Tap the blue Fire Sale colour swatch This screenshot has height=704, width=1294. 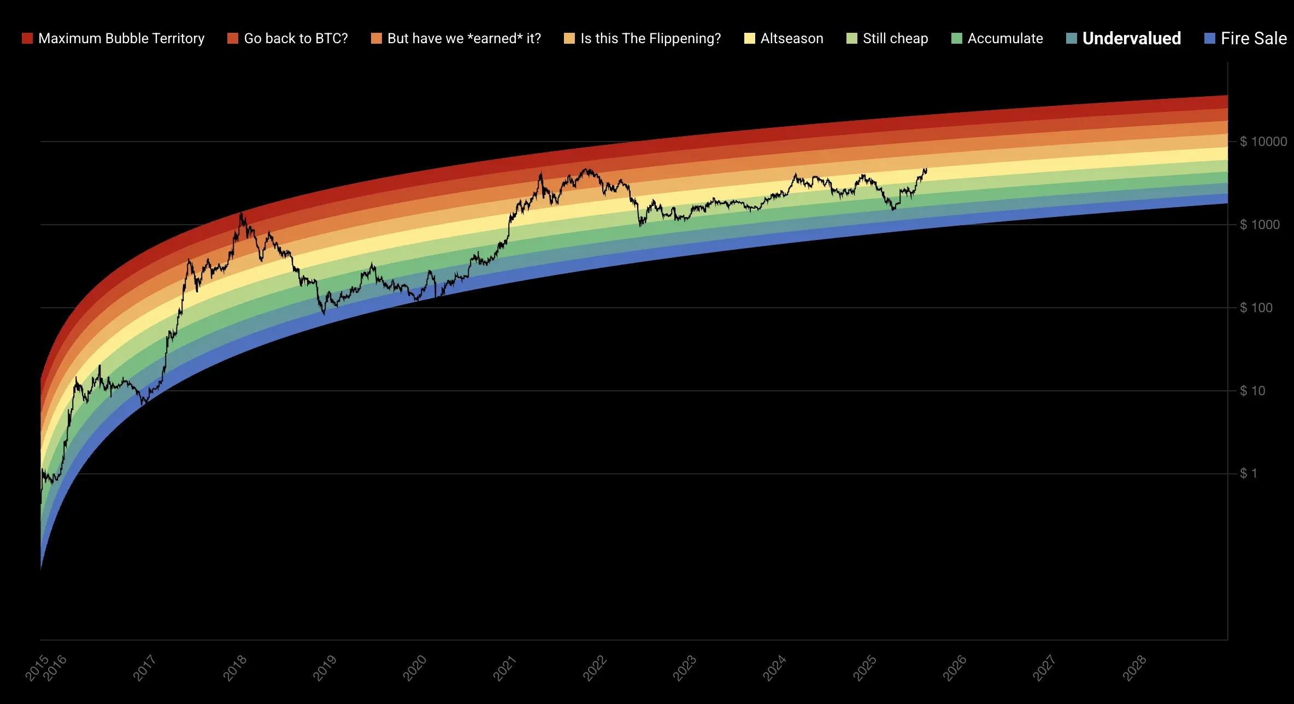(1210, 39)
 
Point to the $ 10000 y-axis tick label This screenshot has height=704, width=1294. (1263, 142)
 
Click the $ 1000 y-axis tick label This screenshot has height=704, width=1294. (1260, 225)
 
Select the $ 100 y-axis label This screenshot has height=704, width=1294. (1256, 308)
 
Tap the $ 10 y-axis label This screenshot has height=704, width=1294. (1252, 391)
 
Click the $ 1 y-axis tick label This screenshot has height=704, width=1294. (1248, 474)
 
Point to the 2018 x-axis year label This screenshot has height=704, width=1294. (235, 668)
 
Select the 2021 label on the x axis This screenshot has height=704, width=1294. (505, 668)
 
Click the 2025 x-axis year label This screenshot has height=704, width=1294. (864, 668)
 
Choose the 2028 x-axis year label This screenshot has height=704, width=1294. (1134, 668)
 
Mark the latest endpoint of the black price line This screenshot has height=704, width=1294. (926, 169)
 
